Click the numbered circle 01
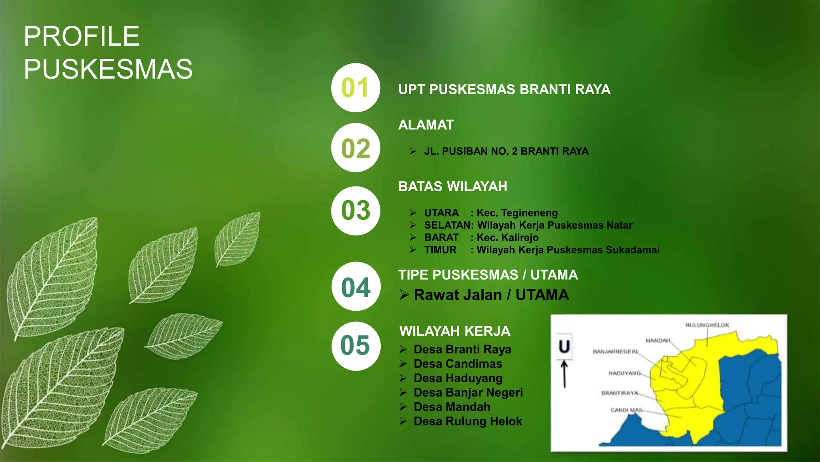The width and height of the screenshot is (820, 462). pyautogui.click(x=356, y=88)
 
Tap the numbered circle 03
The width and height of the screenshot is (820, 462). pyautogui.click(x=356, y=211)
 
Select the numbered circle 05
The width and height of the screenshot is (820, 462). pyautogui.click(x=356, y=346)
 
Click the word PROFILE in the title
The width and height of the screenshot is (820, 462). pyautogui.click(x=82, y=36)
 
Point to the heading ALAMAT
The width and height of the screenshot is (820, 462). pyautogui.click(x=426, y=125)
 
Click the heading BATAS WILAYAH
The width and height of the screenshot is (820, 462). pyautogui.click(x=452, y=186)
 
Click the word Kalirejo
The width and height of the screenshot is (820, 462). pyautogui.click(x=519, y=237)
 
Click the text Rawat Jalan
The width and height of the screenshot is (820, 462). pyautogui.click(x=458, y=295)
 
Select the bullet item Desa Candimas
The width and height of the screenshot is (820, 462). pyautogui.click(x=458, y=364)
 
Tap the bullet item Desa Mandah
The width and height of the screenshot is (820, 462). pyautogui.click(x=452, y=407)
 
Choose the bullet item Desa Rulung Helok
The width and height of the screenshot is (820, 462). pyautogui.click(x=468, y=421)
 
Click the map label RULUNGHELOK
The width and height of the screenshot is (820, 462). pyautogui.click(x=707, y=325)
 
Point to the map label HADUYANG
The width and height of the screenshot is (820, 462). pyautogui.click(x=624, y=373)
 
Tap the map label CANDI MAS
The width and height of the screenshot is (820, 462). pyautogui.click(x=626, y=410)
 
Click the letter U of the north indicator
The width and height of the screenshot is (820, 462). pyautogui.click(x=564, y=346)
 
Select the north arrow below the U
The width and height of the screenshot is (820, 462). pyautogui.click(x=565, y=374)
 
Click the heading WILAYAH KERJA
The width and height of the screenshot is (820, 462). pyautogui.click(x=455, y=331)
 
